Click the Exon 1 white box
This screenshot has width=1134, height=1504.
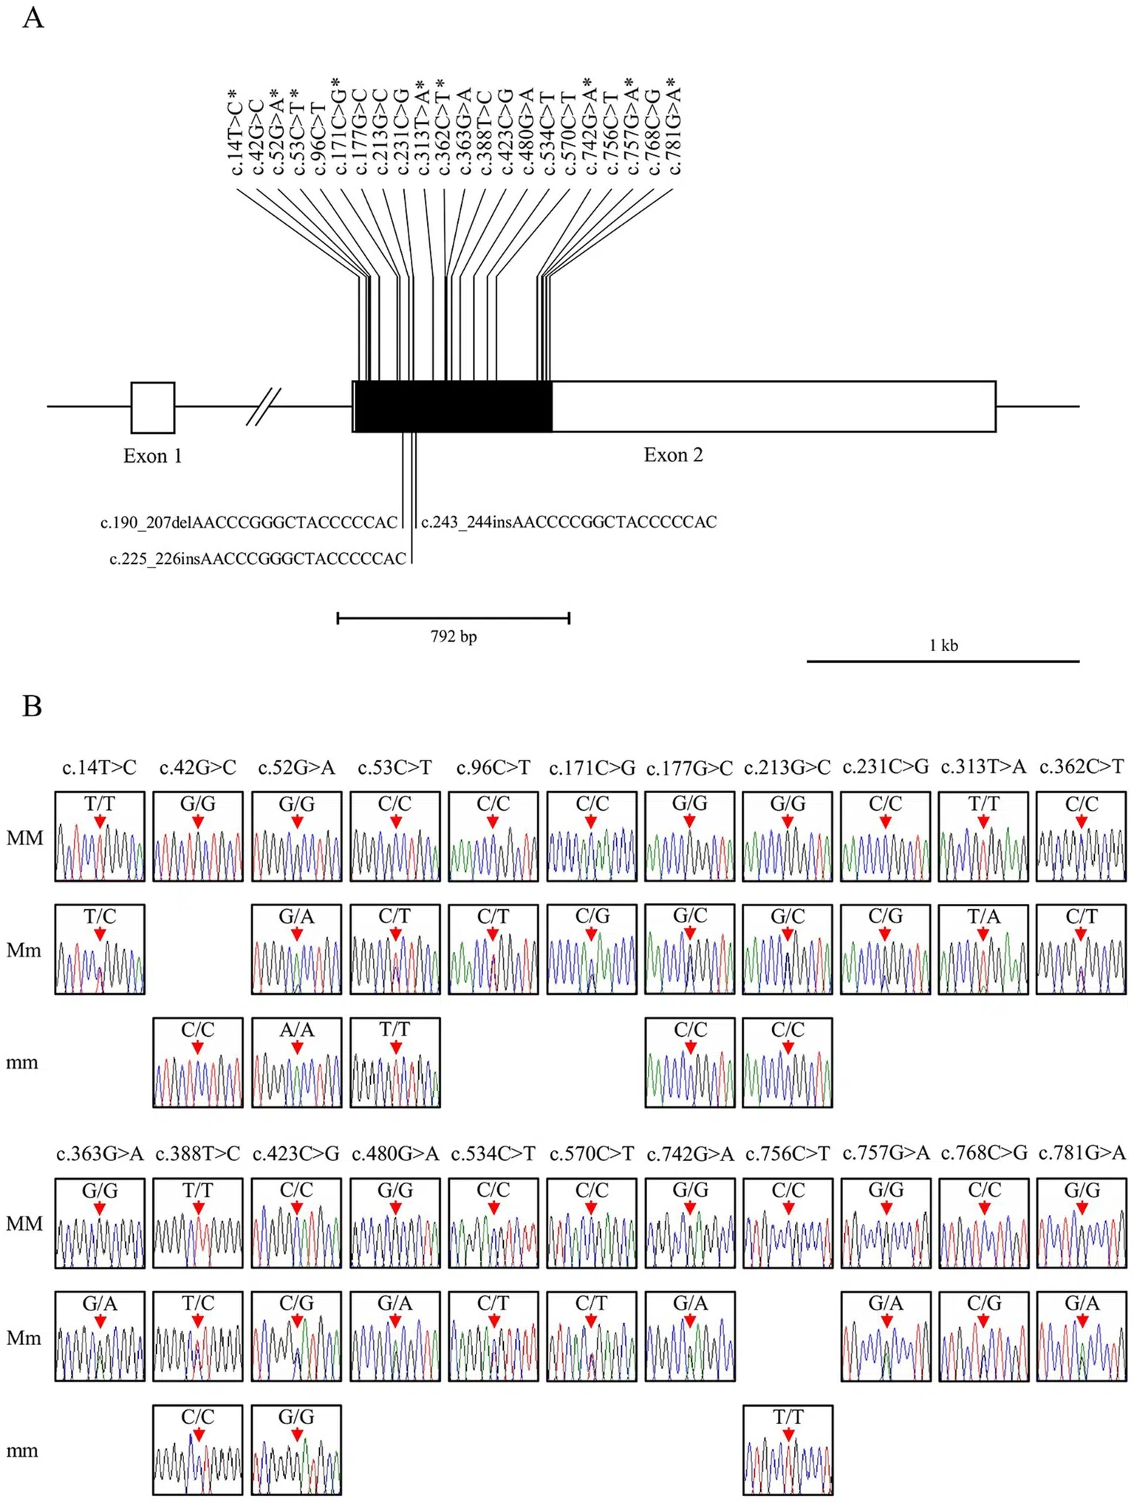(153, 407)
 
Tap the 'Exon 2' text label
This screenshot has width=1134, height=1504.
(673, 455)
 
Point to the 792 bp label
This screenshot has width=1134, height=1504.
(454, 636)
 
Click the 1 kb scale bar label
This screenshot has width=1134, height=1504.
(943, 645)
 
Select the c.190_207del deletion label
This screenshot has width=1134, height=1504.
(249, 523)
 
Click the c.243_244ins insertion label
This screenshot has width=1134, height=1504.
(569, 522)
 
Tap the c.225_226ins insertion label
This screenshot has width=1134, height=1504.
(258, 559)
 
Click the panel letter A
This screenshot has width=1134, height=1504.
(33, 18)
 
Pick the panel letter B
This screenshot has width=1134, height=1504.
(32, 707)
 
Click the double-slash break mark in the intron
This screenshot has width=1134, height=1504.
(264, 406)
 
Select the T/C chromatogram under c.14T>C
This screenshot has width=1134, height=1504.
(100, 949)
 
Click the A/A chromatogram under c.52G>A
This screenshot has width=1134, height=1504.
(296, 1063)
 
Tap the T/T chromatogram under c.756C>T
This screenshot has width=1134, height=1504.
(788, 1450)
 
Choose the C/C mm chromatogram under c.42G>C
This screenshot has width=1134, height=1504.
(198, 1063)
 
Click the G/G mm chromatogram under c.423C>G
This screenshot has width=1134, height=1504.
(296, 1450)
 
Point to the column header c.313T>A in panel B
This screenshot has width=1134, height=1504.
(983, 767)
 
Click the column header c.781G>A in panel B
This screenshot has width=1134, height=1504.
(1082, 1153)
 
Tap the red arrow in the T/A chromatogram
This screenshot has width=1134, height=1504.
(983, 935)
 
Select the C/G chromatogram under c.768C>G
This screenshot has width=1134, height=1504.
(984, 1336)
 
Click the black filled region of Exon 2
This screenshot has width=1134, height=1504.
(454, 406)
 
